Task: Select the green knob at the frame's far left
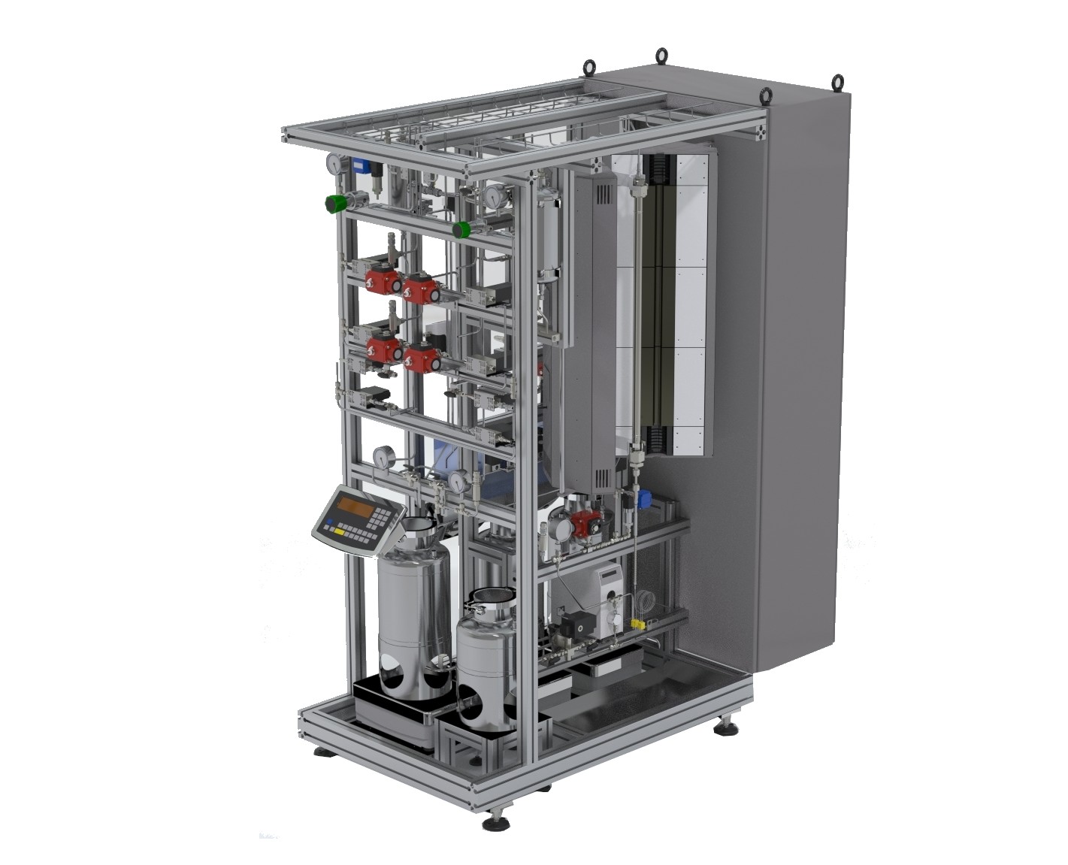coord(334,203)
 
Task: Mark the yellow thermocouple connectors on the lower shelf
coord(639,625)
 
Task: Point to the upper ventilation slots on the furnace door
coord(601,194)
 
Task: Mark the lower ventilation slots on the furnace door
coord(603,476)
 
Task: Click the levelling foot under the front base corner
coord(495,821)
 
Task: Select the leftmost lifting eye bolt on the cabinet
coord(590,68)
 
